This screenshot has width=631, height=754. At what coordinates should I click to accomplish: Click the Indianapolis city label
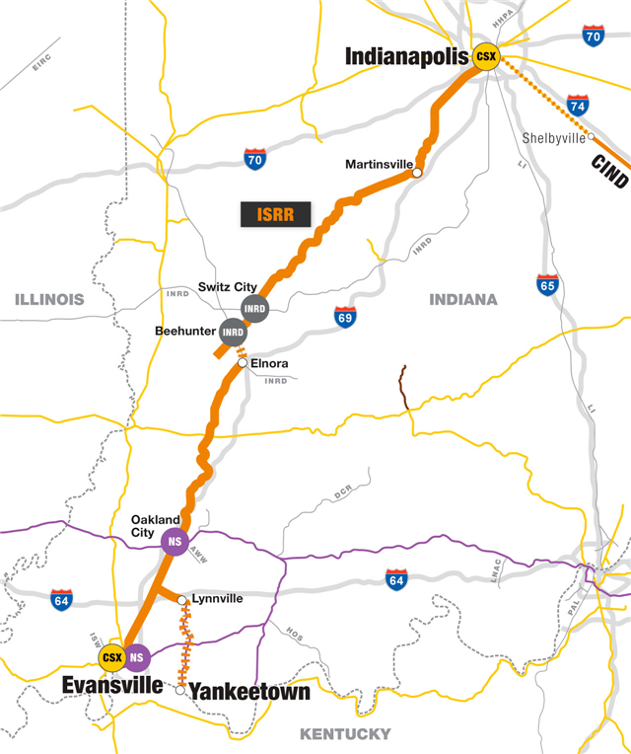tap(405, 57)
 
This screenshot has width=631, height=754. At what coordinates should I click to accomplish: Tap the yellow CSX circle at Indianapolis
tap(486, 57)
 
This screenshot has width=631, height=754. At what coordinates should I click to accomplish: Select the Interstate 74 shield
tap(579, 106)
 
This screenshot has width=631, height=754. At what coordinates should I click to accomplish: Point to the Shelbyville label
tap(554, 138)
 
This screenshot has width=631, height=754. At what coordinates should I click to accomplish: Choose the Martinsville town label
tap(378, 164)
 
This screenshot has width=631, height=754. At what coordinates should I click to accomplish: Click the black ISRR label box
tap(275, 213)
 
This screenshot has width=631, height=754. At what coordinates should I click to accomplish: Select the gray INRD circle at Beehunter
tap(234, 332)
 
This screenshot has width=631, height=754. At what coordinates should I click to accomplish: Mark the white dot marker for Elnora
tap(243, 364)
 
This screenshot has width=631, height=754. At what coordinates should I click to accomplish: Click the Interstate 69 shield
tap(345, 317)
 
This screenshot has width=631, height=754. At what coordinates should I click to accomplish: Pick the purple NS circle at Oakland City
tap(174, 542)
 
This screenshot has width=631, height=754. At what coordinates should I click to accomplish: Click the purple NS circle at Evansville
tap(136, 656)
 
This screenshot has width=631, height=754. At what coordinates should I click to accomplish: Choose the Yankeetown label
tap(248, 692)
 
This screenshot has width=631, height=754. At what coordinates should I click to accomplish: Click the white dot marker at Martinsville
tap(417, 173)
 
